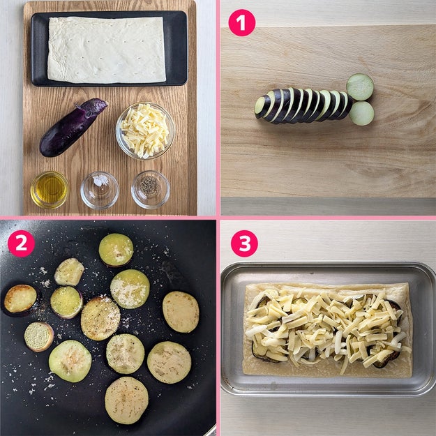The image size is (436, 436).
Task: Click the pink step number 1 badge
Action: point(241,22)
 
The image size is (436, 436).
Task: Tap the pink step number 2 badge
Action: point(21,243)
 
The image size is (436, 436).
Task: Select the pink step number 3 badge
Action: point(244,243)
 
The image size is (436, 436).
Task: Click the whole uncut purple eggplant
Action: point(73,127)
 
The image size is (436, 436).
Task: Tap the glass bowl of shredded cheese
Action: point(145,130)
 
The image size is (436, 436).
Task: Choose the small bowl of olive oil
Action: point(50,190)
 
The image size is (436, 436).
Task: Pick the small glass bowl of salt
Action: point(100,190)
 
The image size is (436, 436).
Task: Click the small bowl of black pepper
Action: point(151,190)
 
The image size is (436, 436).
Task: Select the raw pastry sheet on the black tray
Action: point(107,50)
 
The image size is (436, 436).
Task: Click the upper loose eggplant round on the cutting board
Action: point(360,87)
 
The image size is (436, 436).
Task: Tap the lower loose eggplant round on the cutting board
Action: point(361,113)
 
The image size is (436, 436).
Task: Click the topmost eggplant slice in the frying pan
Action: point(116,250)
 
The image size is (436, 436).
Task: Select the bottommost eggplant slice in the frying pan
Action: point(126,400)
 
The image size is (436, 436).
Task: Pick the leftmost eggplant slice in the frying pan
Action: point(20,300)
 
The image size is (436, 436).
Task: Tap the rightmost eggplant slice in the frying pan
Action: point(181,312)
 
